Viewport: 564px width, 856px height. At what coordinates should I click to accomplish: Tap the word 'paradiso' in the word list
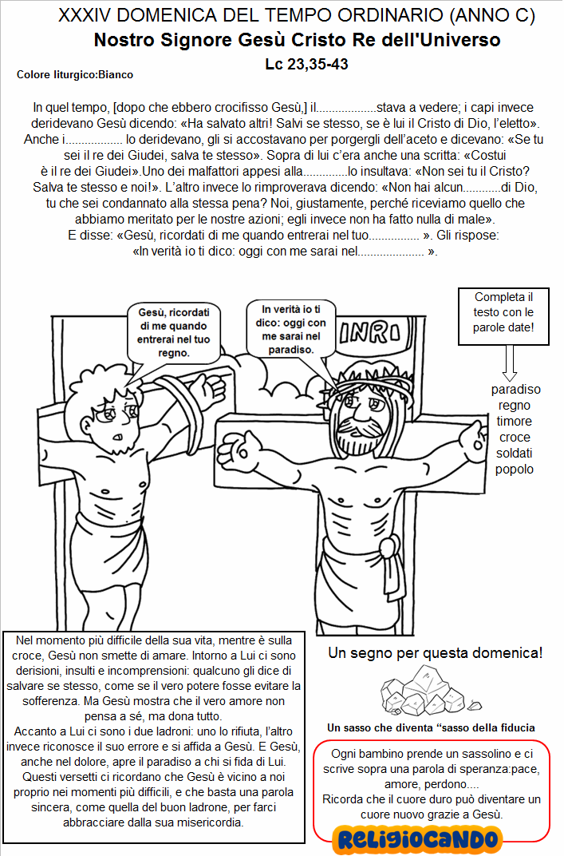coord(515,390)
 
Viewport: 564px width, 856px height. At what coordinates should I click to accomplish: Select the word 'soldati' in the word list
coord(514,453)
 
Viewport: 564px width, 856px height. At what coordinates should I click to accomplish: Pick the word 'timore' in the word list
coord(514,422)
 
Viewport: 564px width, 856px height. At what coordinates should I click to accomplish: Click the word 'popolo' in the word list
coord(514,469)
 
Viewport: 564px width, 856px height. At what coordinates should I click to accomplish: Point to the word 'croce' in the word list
coord(514,438)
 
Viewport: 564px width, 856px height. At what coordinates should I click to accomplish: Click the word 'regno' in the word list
coord(514,406)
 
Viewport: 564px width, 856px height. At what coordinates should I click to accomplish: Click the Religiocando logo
coord(418,838)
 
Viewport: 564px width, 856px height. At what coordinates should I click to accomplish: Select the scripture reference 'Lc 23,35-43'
coord(306,64)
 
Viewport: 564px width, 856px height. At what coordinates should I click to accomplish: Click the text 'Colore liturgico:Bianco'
coord(75,74)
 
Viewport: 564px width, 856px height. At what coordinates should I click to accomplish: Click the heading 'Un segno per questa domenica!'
coord(436,653)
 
